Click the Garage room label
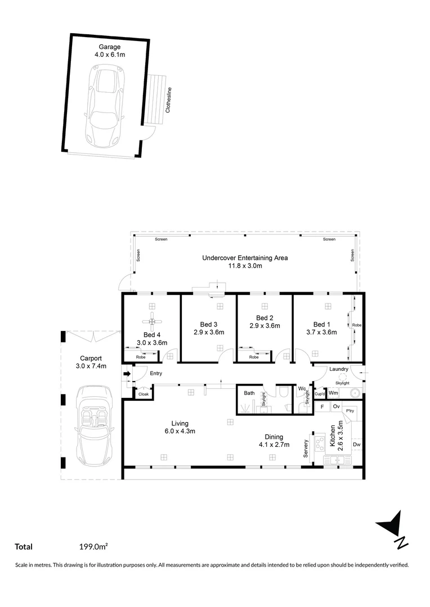tap(110, 47)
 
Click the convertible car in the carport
tap(92, 423)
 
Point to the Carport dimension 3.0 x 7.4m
tap(91, 366)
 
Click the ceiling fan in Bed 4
tap(152, 321)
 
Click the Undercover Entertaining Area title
tap(245, 258)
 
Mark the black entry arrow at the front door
tap(127, 373)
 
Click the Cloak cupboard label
tap(144, 395)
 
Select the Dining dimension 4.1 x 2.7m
tap(274, 445)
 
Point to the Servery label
tap(306, 448)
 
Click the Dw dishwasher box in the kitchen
tap(356, 445)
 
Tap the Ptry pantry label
tap(350, 411)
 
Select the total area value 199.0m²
tap(93, 546)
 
